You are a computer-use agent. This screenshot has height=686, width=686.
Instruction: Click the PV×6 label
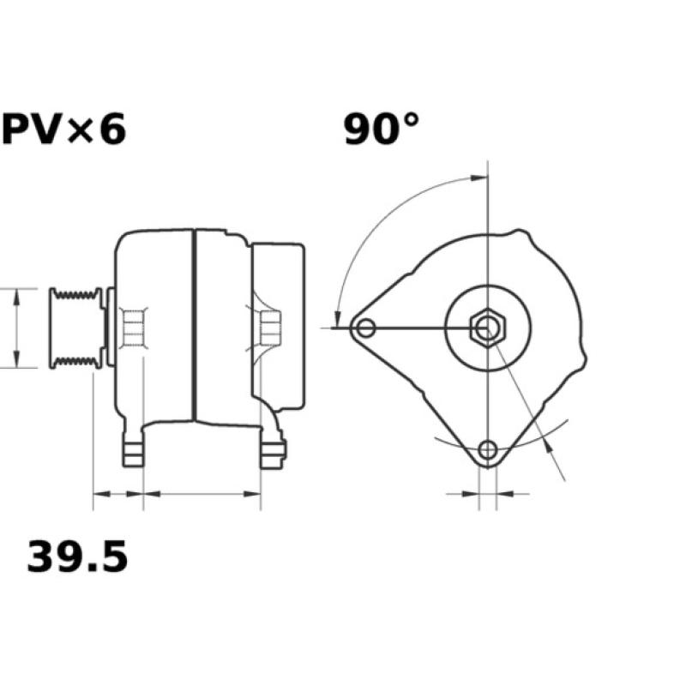tap(63, 130)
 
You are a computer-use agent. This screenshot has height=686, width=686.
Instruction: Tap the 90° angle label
tap(382, 129)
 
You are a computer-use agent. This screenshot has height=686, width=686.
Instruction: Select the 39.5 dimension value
tap(77, 557)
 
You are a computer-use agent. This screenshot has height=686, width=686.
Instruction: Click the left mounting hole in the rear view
tap(367, 328)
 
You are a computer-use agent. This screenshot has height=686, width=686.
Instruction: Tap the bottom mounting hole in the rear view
tap(488, 449)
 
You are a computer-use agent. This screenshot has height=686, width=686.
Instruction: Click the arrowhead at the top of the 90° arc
tap(480, 178)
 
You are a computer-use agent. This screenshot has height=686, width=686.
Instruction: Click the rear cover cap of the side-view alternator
tap(279, 326)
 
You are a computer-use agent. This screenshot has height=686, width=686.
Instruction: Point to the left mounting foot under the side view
tap(133, 450)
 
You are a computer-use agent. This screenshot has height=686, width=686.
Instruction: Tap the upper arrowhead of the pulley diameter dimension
tap(16, 296)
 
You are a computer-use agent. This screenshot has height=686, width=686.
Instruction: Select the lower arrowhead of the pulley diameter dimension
tap(16, 360)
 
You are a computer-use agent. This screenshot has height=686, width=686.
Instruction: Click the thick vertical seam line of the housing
tap(195, 326)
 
